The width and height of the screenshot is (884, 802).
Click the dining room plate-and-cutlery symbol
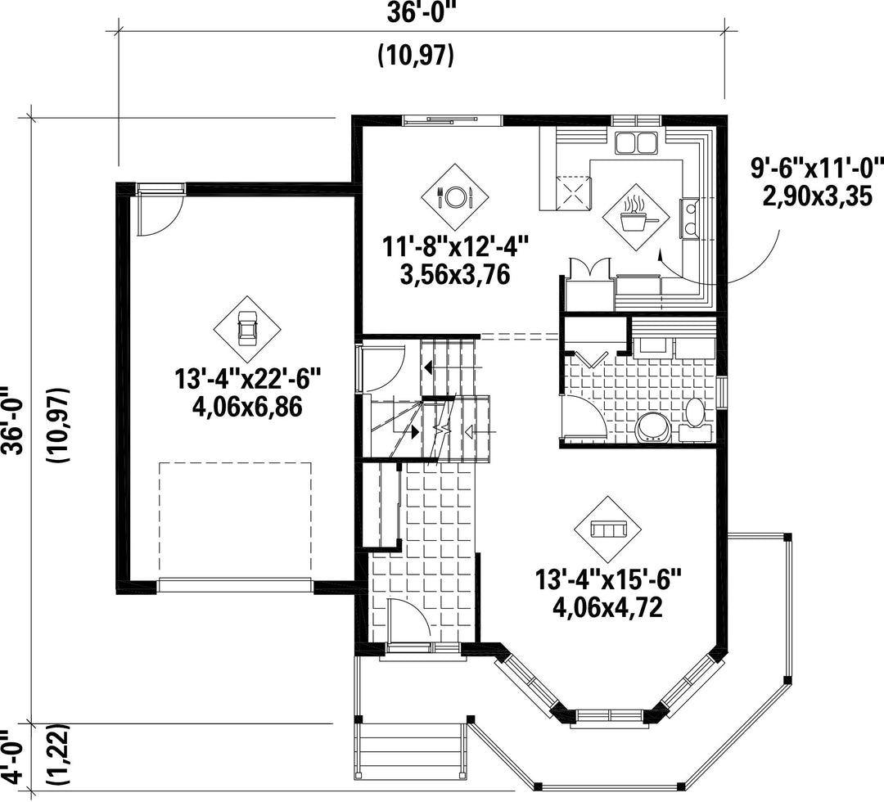455,196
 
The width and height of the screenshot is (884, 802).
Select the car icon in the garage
246,329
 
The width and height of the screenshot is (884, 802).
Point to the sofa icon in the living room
607,529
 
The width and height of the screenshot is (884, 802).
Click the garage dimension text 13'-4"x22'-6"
248,377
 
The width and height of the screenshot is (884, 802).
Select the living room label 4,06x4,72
607,607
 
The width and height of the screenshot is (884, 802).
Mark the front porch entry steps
411,750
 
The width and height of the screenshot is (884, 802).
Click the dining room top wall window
452,120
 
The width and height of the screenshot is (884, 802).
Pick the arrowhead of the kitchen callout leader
658,255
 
